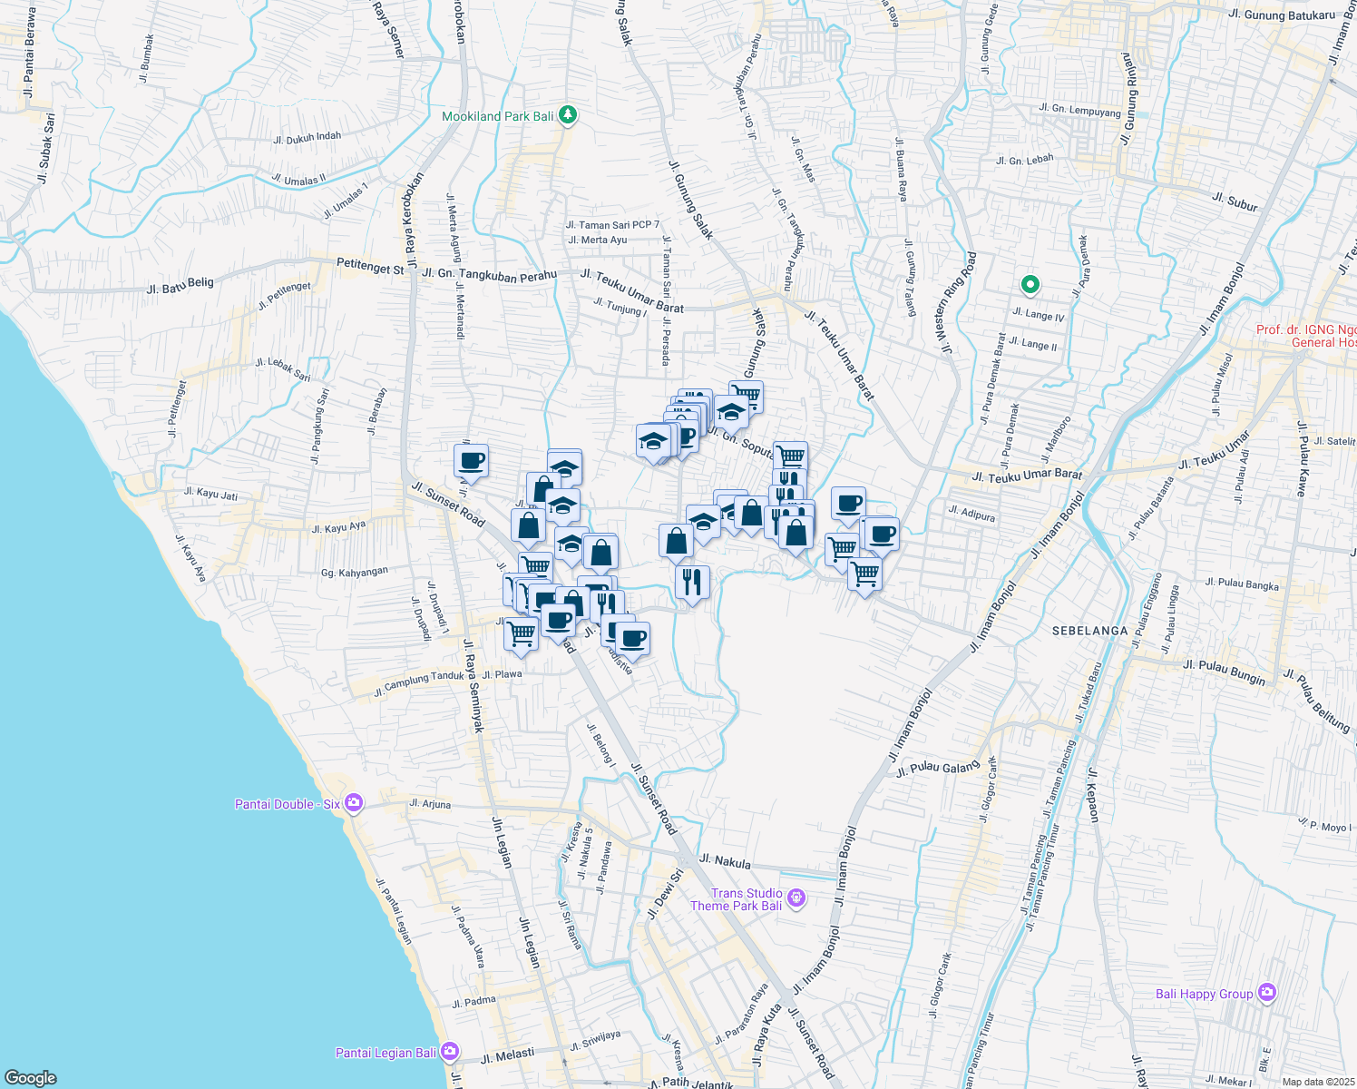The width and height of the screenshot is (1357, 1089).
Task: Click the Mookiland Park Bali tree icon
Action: pyautogui.click(x=568, y=115)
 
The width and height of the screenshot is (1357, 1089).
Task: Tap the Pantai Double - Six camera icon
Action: pyautogui.click(x=354, y=803)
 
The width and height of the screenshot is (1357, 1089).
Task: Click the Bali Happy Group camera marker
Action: pyautogui.click(x=1267, y=993)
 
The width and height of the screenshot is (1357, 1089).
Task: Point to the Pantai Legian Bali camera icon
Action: pyautogui.click(x=450, y=1052)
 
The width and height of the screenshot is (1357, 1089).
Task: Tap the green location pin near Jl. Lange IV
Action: pyautogui.click(x=1030, y=286)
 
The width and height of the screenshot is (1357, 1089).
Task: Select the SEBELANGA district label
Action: pyautogui.click(x=1090, y=630)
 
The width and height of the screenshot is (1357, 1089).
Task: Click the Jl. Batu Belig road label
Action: pyautogui.click(x=181, y=286)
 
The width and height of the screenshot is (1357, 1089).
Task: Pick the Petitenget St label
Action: pyautogui.click(x=369, y=269)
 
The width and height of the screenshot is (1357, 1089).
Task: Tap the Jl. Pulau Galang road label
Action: pyautogui.click(x=938, y=768)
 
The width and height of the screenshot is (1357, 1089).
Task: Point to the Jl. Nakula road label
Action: pyautogui.click(x=725, y=861)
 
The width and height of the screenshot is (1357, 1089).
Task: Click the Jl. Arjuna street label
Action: pyautogui.click(x=430, y=804)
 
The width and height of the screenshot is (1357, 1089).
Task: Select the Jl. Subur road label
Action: pyautogui.click(x=1235, y=201)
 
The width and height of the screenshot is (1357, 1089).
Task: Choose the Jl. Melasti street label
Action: pyautogui.click(x=508, y=1057)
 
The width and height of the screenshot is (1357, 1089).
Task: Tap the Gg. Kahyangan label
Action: pyautogui.click(x=355, y=572)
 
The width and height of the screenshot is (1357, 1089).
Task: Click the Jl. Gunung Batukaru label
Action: pyautogui.click(x=1281, y=15)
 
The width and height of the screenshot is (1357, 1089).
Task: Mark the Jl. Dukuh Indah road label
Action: pyautogui.click(x=308, y=138)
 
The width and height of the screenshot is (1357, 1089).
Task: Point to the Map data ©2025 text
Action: pyautogui.click(x=1317, y=1081)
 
